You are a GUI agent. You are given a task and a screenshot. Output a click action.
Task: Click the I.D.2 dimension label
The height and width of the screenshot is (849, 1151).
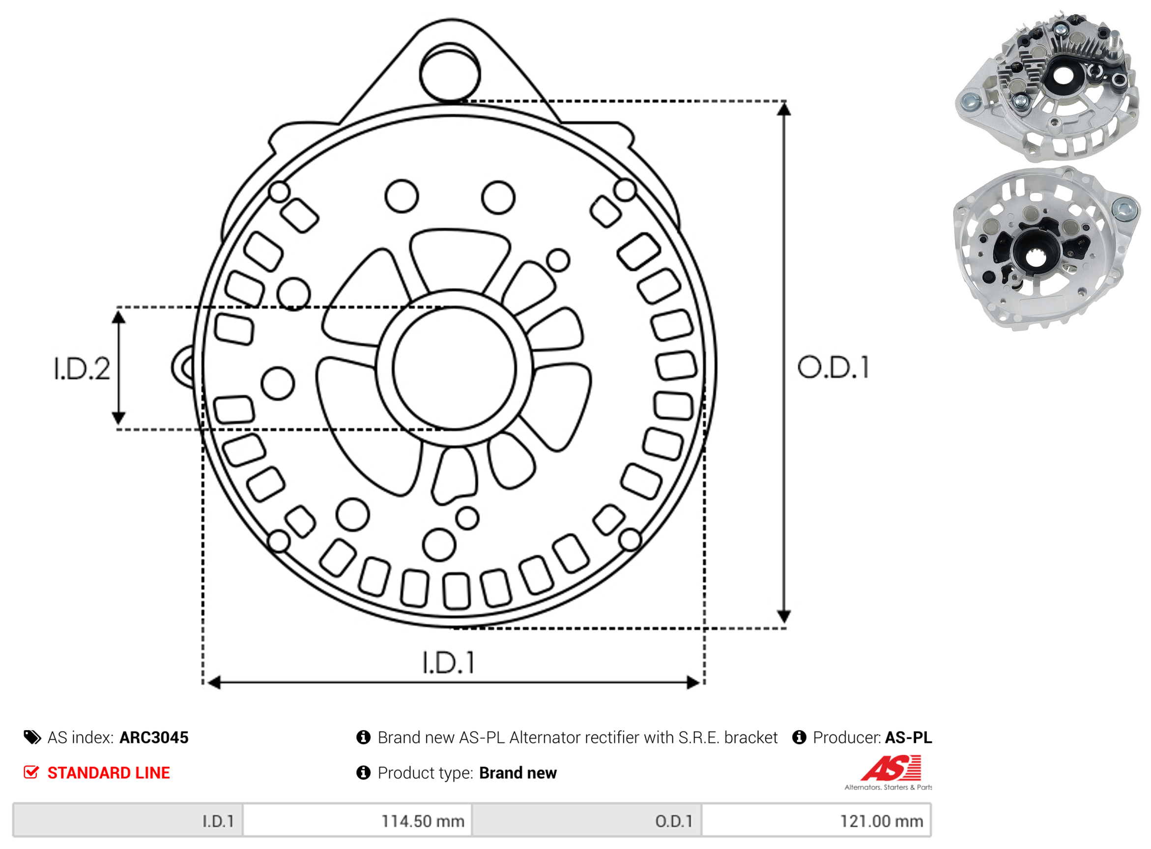click(82, 369)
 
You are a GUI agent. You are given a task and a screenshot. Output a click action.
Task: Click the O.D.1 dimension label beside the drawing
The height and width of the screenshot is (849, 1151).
click(834, 368)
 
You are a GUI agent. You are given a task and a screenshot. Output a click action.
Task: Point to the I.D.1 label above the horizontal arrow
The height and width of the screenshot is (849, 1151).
click(448, 663)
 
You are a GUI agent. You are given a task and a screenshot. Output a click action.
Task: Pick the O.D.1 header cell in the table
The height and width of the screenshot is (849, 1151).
click(587, 821)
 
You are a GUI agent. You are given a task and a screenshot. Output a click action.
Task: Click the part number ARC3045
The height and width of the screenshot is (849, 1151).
click(154, 738)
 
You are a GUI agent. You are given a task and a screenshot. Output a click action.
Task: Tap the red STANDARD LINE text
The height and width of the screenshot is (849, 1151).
click(109, 773)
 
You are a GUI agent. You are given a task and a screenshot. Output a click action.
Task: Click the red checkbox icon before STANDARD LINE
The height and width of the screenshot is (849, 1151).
click(31, 773)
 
